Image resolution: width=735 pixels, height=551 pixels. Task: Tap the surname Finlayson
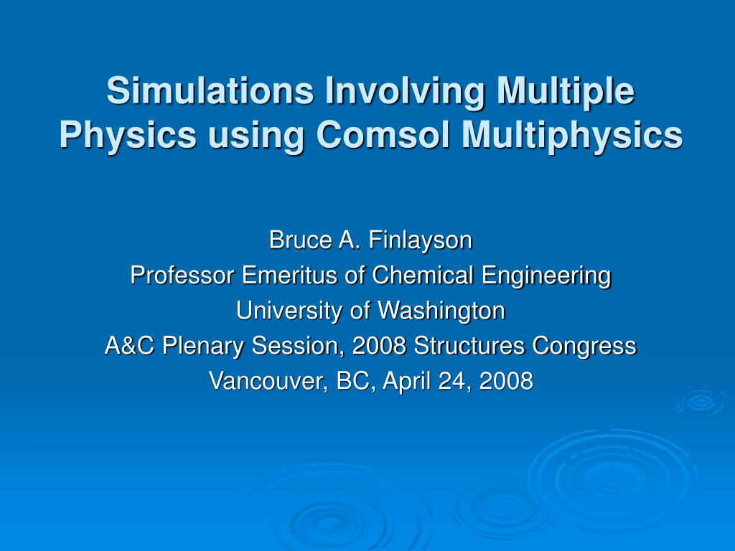421,240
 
